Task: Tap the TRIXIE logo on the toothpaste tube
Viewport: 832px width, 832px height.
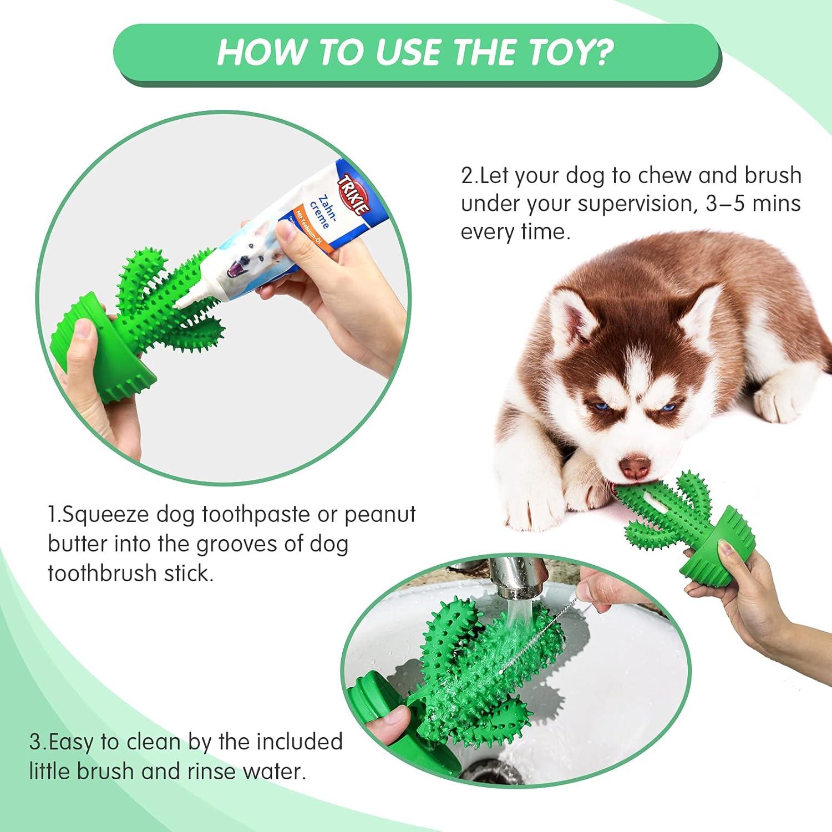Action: pyautogui.click(x=353, y=195)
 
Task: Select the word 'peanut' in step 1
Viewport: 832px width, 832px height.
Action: pyautogui.click(x=380, y=515)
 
